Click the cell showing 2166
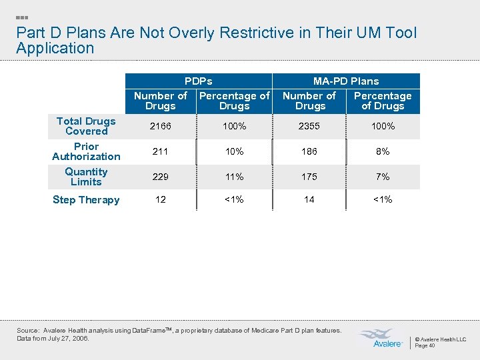[x=160, y=126]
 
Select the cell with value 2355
[x=309, y=126]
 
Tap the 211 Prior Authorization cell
[x=160, y=151]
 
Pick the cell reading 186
[x=309, y=151]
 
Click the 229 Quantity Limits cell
[x=160, y=177]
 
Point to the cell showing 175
[x=309, y=177]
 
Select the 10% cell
[x=234, y=151]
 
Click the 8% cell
[x=383, y=151]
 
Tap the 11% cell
[x=234, y=177]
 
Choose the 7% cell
[x=383, y=177]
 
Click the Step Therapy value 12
[x=160, y=199]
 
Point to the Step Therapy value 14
[x=309, y=199]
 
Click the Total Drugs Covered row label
[x=86, y=126]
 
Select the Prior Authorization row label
[x=86, y=151]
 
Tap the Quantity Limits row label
[x=86, y=177]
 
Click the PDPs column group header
[x=198, y=81]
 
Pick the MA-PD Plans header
[x=346, y=81]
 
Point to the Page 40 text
[x=425, y=346]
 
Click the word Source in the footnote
[x=27, y=331]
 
